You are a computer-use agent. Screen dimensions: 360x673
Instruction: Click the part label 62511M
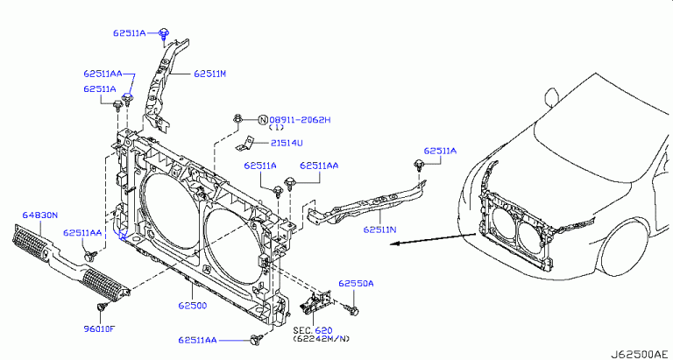209,74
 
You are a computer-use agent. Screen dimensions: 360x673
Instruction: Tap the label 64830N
39,213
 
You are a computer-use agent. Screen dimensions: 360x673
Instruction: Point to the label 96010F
99,329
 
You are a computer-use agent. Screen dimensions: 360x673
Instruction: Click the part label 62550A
357,284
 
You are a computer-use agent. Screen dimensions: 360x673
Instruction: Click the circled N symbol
262,119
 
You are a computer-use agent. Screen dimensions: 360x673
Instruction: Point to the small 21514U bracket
250,143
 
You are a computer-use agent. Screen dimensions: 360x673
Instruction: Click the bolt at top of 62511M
165,34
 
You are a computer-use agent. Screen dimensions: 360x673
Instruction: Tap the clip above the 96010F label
100,307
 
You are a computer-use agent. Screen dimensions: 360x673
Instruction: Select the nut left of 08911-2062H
237,118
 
